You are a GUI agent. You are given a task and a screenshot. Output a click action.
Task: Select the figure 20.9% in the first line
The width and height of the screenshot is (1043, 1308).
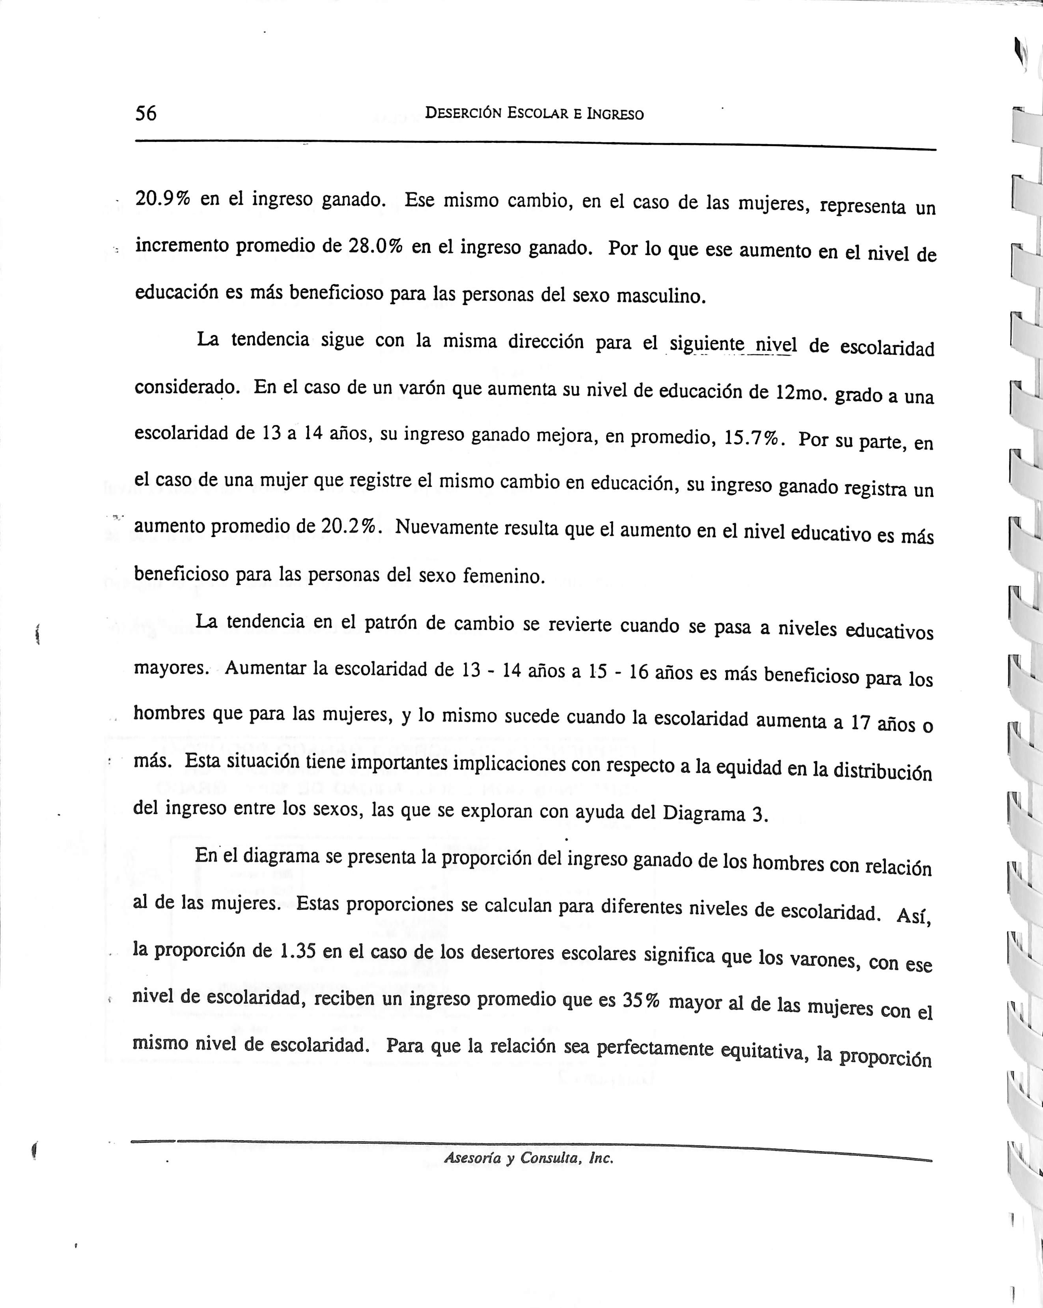point(162,199)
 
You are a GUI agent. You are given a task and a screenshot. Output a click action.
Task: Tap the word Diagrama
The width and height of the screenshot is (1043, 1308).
point(704,812)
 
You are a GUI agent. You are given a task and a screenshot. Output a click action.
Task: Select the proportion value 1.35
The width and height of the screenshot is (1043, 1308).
point(297,951)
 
